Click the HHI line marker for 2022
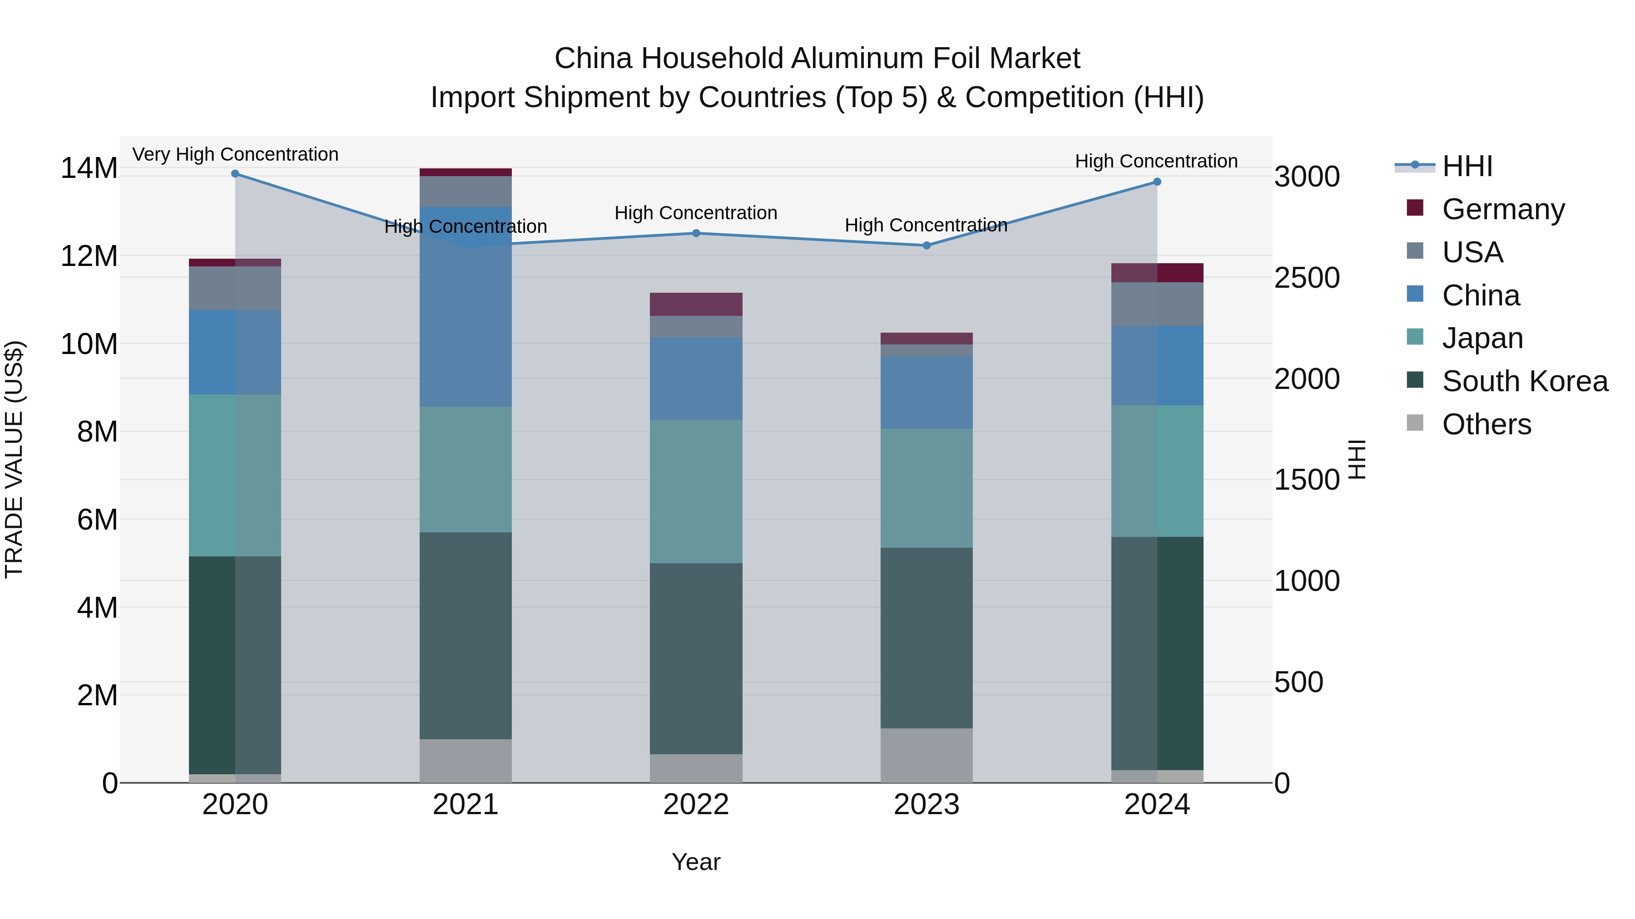[x=696, y=233]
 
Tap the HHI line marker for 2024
[x=1156, y=182]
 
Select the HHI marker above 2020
[x=235, y=174]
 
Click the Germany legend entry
[x=1502, y=209]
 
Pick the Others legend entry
[x=1486, y=424]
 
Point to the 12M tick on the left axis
[x=89, y=256]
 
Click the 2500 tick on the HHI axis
[x=1306, y=278]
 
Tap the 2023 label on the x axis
[x=926, y=805]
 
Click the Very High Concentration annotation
[x=235, y=154]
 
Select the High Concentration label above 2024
[x=1156, y=161]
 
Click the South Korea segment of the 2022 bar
[x=696, y=659]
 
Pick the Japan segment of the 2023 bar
[x=926, y=488]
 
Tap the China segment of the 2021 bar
[x=465, y=307]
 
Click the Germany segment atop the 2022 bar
[x=696, y=305]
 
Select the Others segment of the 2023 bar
[x=926, y=755]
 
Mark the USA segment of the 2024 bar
[x=1156, y=305]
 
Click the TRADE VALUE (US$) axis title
[x=14, y=459]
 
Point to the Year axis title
[x=696, y=862]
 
